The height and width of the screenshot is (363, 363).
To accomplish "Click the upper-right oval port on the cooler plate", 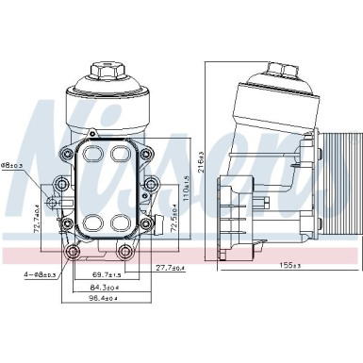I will pyautogui.click(x=121, y=153).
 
